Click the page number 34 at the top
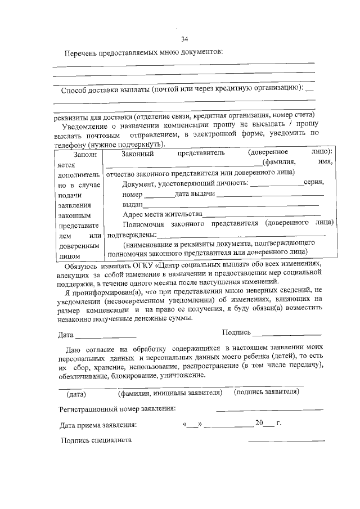[x=184, y=39]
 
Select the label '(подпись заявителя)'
[x=266, y=391]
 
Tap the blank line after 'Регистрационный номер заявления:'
[x=269, y=409]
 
